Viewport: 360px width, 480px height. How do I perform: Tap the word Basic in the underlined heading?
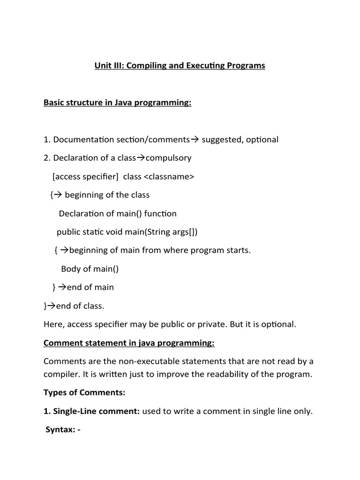click(x=54, y=103)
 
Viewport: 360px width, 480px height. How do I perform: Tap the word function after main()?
click(x=160, y=214)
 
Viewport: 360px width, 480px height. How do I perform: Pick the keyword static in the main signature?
click(x=96, y=232)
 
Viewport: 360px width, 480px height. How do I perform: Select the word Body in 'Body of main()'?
click(x=70, y=269)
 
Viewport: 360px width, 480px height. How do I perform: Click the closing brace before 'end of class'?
click(x=45, y=306)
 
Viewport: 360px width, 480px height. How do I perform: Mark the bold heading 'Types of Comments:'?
click(x=84, y=392)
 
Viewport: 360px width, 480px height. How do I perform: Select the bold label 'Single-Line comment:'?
click(x=91, y=412)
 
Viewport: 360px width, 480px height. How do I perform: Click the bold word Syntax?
click(x=60, y=430)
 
